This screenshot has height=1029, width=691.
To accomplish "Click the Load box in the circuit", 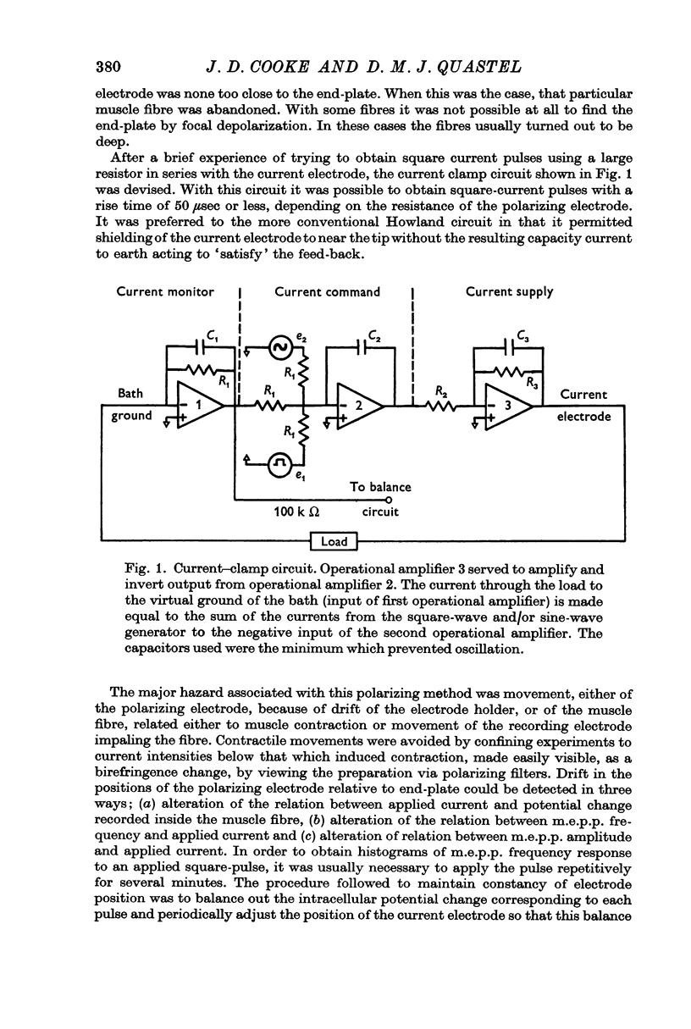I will [x=334, y=539].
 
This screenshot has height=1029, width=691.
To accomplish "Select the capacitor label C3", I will [x=524, y=336].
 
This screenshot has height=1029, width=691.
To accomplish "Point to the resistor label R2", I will [x=441, y=391].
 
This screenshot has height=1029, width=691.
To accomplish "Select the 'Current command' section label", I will [x=327, y=291].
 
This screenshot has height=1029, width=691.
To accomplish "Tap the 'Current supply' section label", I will [x=509, y=291].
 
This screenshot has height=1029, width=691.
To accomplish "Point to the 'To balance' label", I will [x=380, y=487].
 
